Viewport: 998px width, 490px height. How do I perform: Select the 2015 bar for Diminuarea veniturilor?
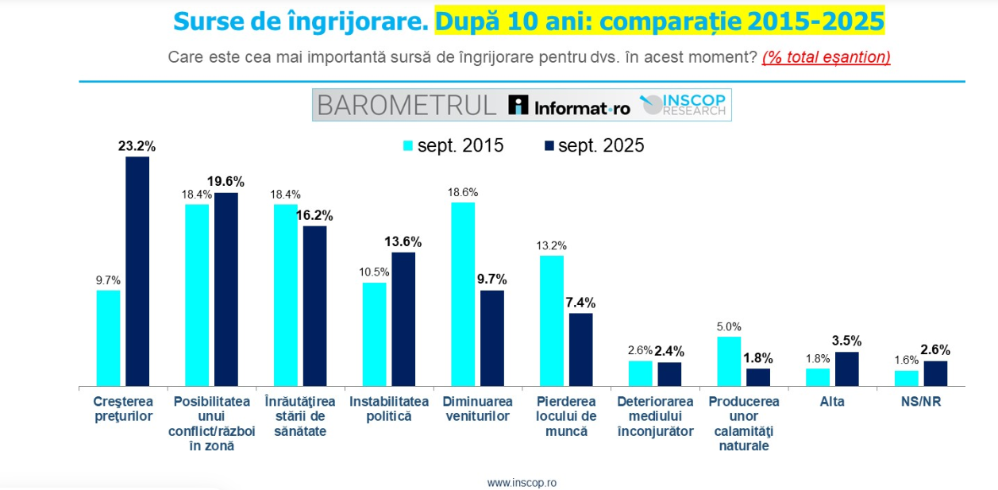click(x=464, y=295)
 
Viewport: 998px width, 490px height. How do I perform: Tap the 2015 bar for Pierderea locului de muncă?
click(x=552, y=321)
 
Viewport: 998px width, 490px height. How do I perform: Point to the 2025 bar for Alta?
click(x=847, y=369)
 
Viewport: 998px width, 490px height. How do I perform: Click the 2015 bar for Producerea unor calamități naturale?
click(x=730, y=361)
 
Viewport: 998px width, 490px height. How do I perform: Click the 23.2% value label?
click(x=137, y=146)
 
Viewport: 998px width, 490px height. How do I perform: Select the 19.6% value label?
click(x=225, y=181)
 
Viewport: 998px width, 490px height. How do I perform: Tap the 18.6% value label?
click(x=463, y=191)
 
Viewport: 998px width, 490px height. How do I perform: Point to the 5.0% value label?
click(x=729, y=326)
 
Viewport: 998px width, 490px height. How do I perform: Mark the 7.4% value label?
click(x=580, y=302)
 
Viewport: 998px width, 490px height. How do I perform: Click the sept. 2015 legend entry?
click(x=453, y=145)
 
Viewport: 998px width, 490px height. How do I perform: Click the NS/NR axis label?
click(x=921, y=402)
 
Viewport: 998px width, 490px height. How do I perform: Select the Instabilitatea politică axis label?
click(x=389, y=408)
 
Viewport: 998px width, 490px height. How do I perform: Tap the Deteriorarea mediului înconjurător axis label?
click(x=655, y=416)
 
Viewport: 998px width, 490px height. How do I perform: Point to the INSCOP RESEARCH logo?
click(x=684, y=105)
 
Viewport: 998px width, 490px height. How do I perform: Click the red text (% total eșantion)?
click(x=826, y=57)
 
